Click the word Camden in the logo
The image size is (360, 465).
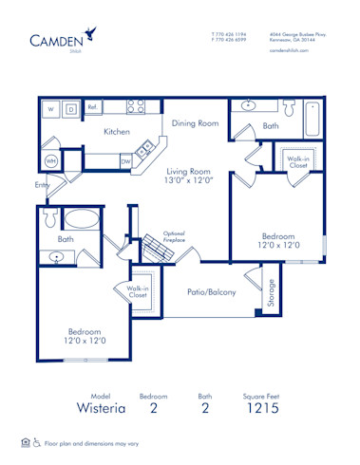(56, 39)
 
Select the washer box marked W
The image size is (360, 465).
(51, 109)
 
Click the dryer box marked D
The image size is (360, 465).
(71, 109)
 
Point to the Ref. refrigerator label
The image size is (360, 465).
(93, 107)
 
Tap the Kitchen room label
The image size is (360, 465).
(117, 132)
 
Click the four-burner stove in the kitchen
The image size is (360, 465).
(136, 107)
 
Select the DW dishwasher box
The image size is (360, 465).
(125, 161)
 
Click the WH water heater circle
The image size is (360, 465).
(51, 160)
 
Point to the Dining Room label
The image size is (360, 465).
(196, 123)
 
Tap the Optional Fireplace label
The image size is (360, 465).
(174, 237)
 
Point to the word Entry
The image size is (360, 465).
(42, 185)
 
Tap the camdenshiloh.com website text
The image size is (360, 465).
(290, 52)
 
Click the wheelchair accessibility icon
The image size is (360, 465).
(37, 442)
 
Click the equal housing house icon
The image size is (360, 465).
(25, 442)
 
